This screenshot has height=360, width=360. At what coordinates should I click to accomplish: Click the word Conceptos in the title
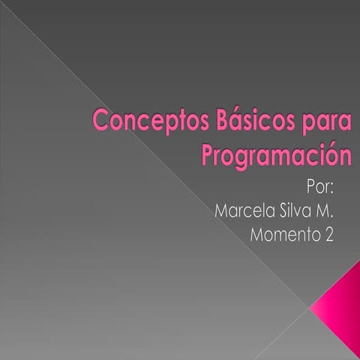(131, 121)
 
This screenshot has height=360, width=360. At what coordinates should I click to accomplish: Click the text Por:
(321, 186)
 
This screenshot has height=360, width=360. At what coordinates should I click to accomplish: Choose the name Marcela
(242, 210)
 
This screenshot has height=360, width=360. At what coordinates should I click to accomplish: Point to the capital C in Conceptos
(99, 120)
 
